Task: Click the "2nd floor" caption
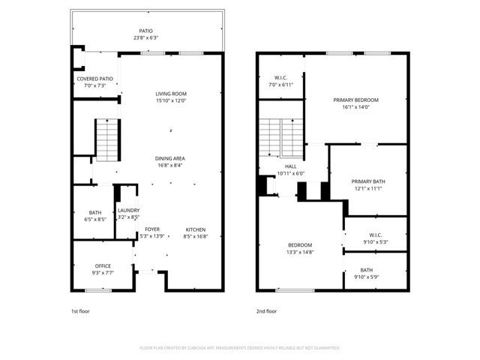266,310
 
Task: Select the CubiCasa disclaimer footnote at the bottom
240,348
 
